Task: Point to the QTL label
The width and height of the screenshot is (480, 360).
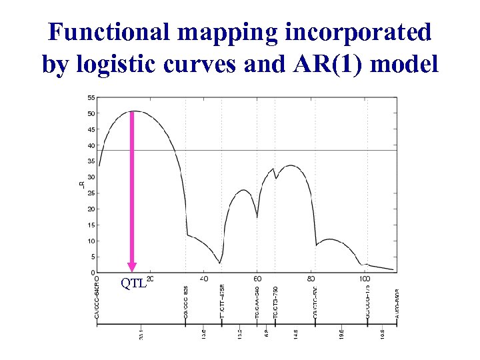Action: [133, 283]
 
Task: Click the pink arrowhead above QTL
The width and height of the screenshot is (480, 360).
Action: [132, 267]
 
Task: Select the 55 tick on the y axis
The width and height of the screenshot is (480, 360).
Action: [90, 97]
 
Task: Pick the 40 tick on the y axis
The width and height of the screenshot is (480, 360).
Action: [90, 145]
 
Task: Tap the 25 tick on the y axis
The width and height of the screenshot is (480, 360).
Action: [90, 193]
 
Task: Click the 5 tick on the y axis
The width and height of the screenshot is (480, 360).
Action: [91, 257]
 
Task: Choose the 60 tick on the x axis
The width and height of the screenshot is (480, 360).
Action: [257, 279]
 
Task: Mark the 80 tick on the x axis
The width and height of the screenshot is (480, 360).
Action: [311, 279]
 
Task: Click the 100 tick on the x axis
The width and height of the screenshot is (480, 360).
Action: [364, 279]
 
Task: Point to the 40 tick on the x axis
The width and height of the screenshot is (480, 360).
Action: [204, 279]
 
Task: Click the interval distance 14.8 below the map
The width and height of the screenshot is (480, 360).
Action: [293, 333]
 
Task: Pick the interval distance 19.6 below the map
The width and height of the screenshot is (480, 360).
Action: [341, 333]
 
